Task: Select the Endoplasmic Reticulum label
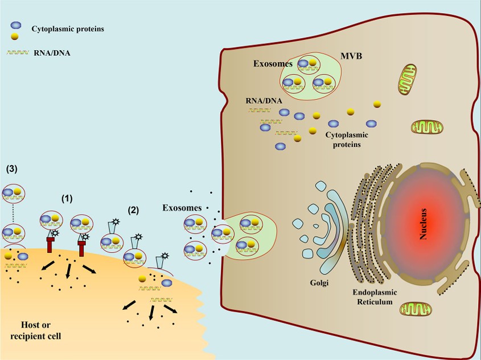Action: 375,296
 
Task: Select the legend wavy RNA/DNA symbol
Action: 17,54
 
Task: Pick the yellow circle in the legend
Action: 15,37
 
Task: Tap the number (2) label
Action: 133,210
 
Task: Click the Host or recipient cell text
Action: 36,330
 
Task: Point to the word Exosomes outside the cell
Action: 182,208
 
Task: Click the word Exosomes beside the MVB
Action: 273,64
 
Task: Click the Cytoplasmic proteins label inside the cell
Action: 347,140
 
